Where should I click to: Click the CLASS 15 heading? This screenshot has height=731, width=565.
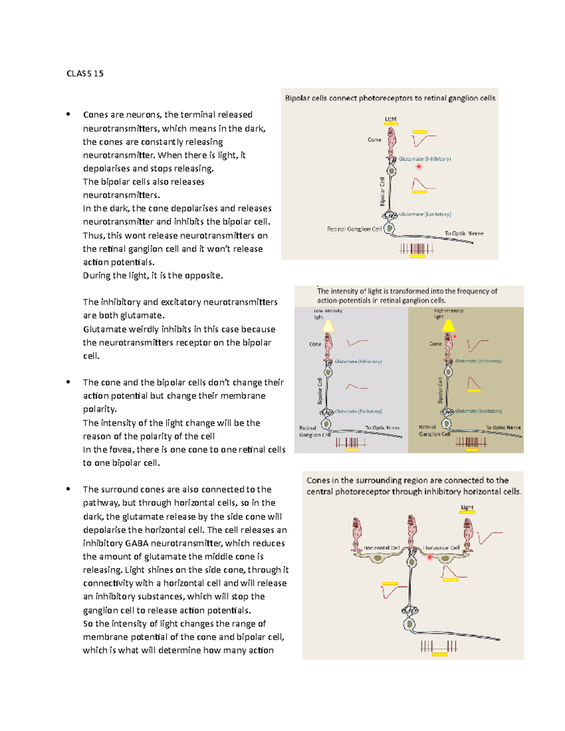(85, 73)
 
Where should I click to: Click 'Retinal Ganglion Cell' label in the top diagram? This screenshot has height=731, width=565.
(354, 229)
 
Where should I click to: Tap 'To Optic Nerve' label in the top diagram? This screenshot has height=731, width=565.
(464, 233)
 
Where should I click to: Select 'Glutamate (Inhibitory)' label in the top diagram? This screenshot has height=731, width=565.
(425, 159)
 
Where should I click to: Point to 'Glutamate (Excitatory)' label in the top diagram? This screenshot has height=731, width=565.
(425, 214)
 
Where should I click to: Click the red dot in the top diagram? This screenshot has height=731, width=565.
(419, 167)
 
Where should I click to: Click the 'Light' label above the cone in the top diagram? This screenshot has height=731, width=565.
(391, 119)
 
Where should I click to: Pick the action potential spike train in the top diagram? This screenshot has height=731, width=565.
(417, 249)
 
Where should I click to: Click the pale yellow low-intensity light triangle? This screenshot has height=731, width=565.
(328, 326)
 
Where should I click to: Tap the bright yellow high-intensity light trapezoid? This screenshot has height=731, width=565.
(449, 325)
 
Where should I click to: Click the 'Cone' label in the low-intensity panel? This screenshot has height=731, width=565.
(315, 344)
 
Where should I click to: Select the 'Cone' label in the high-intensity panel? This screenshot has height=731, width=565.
(436, 344)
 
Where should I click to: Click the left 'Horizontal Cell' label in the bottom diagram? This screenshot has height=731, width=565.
(381, 548)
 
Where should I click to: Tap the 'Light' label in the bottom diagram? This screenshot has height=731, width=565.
(467, 507)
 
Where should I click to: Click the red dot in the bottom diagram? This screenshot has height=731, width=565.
(429, 557)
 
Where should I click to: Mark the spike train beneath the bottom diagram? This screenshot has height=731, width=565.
(439, 646)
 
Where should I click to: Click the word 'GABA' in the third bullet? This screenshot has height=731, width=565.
(137, 543)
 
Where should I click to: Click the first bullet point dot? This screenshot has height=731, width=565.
(68, 114)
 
